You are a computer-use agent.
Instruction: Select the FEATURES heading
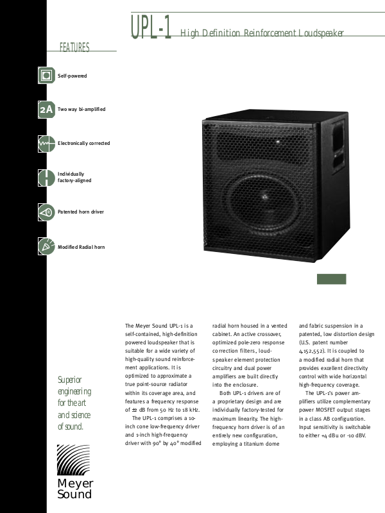[x=74, y=48]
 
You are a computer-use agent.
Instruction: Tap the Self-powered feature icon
[x=46, y=76]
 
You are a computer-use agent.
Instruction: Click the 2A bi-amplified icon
[x=46, y=110]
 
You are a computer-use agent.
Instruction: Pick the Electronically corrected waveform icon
[x=46, y=144]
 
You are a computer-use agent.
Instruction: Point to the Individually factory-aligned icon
[x=46, y=178]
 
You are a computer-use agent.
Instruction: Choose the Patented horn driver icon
[x=46, y=212]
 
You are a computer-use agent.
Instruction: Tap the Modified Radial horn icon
[x=46, y=246]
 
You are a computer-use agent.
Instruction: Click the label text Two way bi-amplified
[x=81, y=110]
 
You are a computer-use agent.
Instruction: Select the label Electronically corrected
[x=84, y=144]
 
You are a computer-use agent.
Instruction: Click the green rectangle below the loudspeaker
[x=332, y=279]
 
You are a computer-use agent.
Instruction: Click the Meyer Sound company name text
[x=75, y=489]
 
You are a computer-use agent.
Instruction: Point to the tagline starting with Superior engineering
[x=74, y=403]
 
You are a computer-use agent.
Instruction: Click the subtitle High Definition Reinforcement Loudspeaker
[x=262, y=33]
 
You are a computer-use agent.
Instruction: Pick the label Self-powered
[x=73, y=76]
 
